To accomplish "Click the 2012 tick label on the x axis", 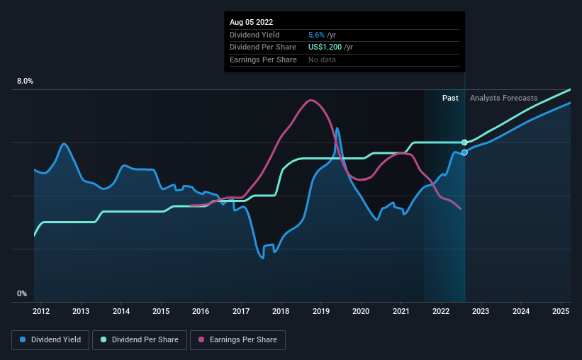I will pos(40,310).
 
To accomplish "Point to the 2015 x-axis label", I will pos(161,310).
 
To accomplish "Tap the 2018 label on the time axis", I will pos(281,310).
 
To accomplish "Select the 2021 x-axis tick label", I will pos(401,310).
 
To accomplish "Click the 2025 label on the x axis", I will pos(561,310).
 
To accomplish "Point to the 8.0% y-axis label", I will pos(25,81).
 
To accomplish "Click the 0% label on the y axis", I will pos(22,293).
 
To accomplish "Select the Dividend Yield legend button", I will pos(50,340).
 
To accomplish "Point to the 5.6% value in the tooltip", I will pos(316,35).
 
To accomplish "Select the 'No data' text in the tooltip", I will pos(323,60).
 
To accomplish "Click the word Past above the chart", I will pos(450,98).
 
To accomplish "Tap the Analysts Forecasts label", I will pos(503,98).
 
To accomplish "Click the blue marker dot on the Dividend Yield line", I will pos(464,152).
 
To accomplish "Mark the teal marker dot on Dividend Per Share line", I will pos(464,142).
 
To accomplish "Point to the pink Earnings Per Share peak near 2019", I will pos(310,100).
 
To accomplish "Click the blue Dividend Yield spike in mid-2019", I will pos(337,129).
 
